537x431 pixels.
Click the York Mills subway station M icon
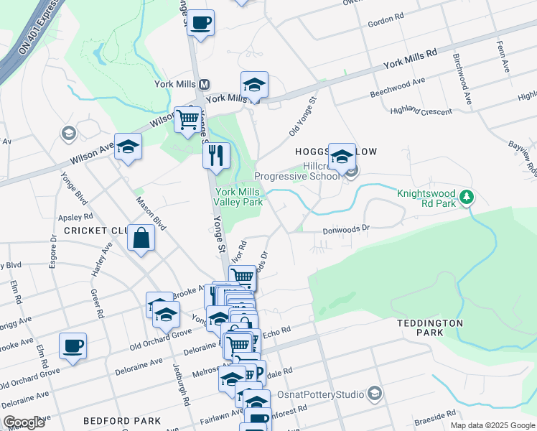coord(204,83)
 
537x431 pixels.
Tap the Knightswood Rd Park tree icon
coord(467,196)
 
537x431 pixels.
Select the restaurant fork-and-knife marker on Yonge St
coord(216,154)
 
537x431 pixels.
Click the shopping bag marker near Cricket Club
coord(141,238)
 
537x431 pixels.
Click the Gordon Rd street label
coord(387,23)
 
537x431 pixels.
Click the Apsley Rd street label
coord(78,215)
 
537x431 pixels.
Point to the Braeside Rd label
coord(436,414)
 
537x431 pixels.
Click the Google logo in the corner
coord(24,422)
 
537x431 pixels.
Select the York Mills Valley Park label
coord(240,198)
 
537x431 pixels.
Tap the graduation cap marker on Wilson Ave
coord(127,148)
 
